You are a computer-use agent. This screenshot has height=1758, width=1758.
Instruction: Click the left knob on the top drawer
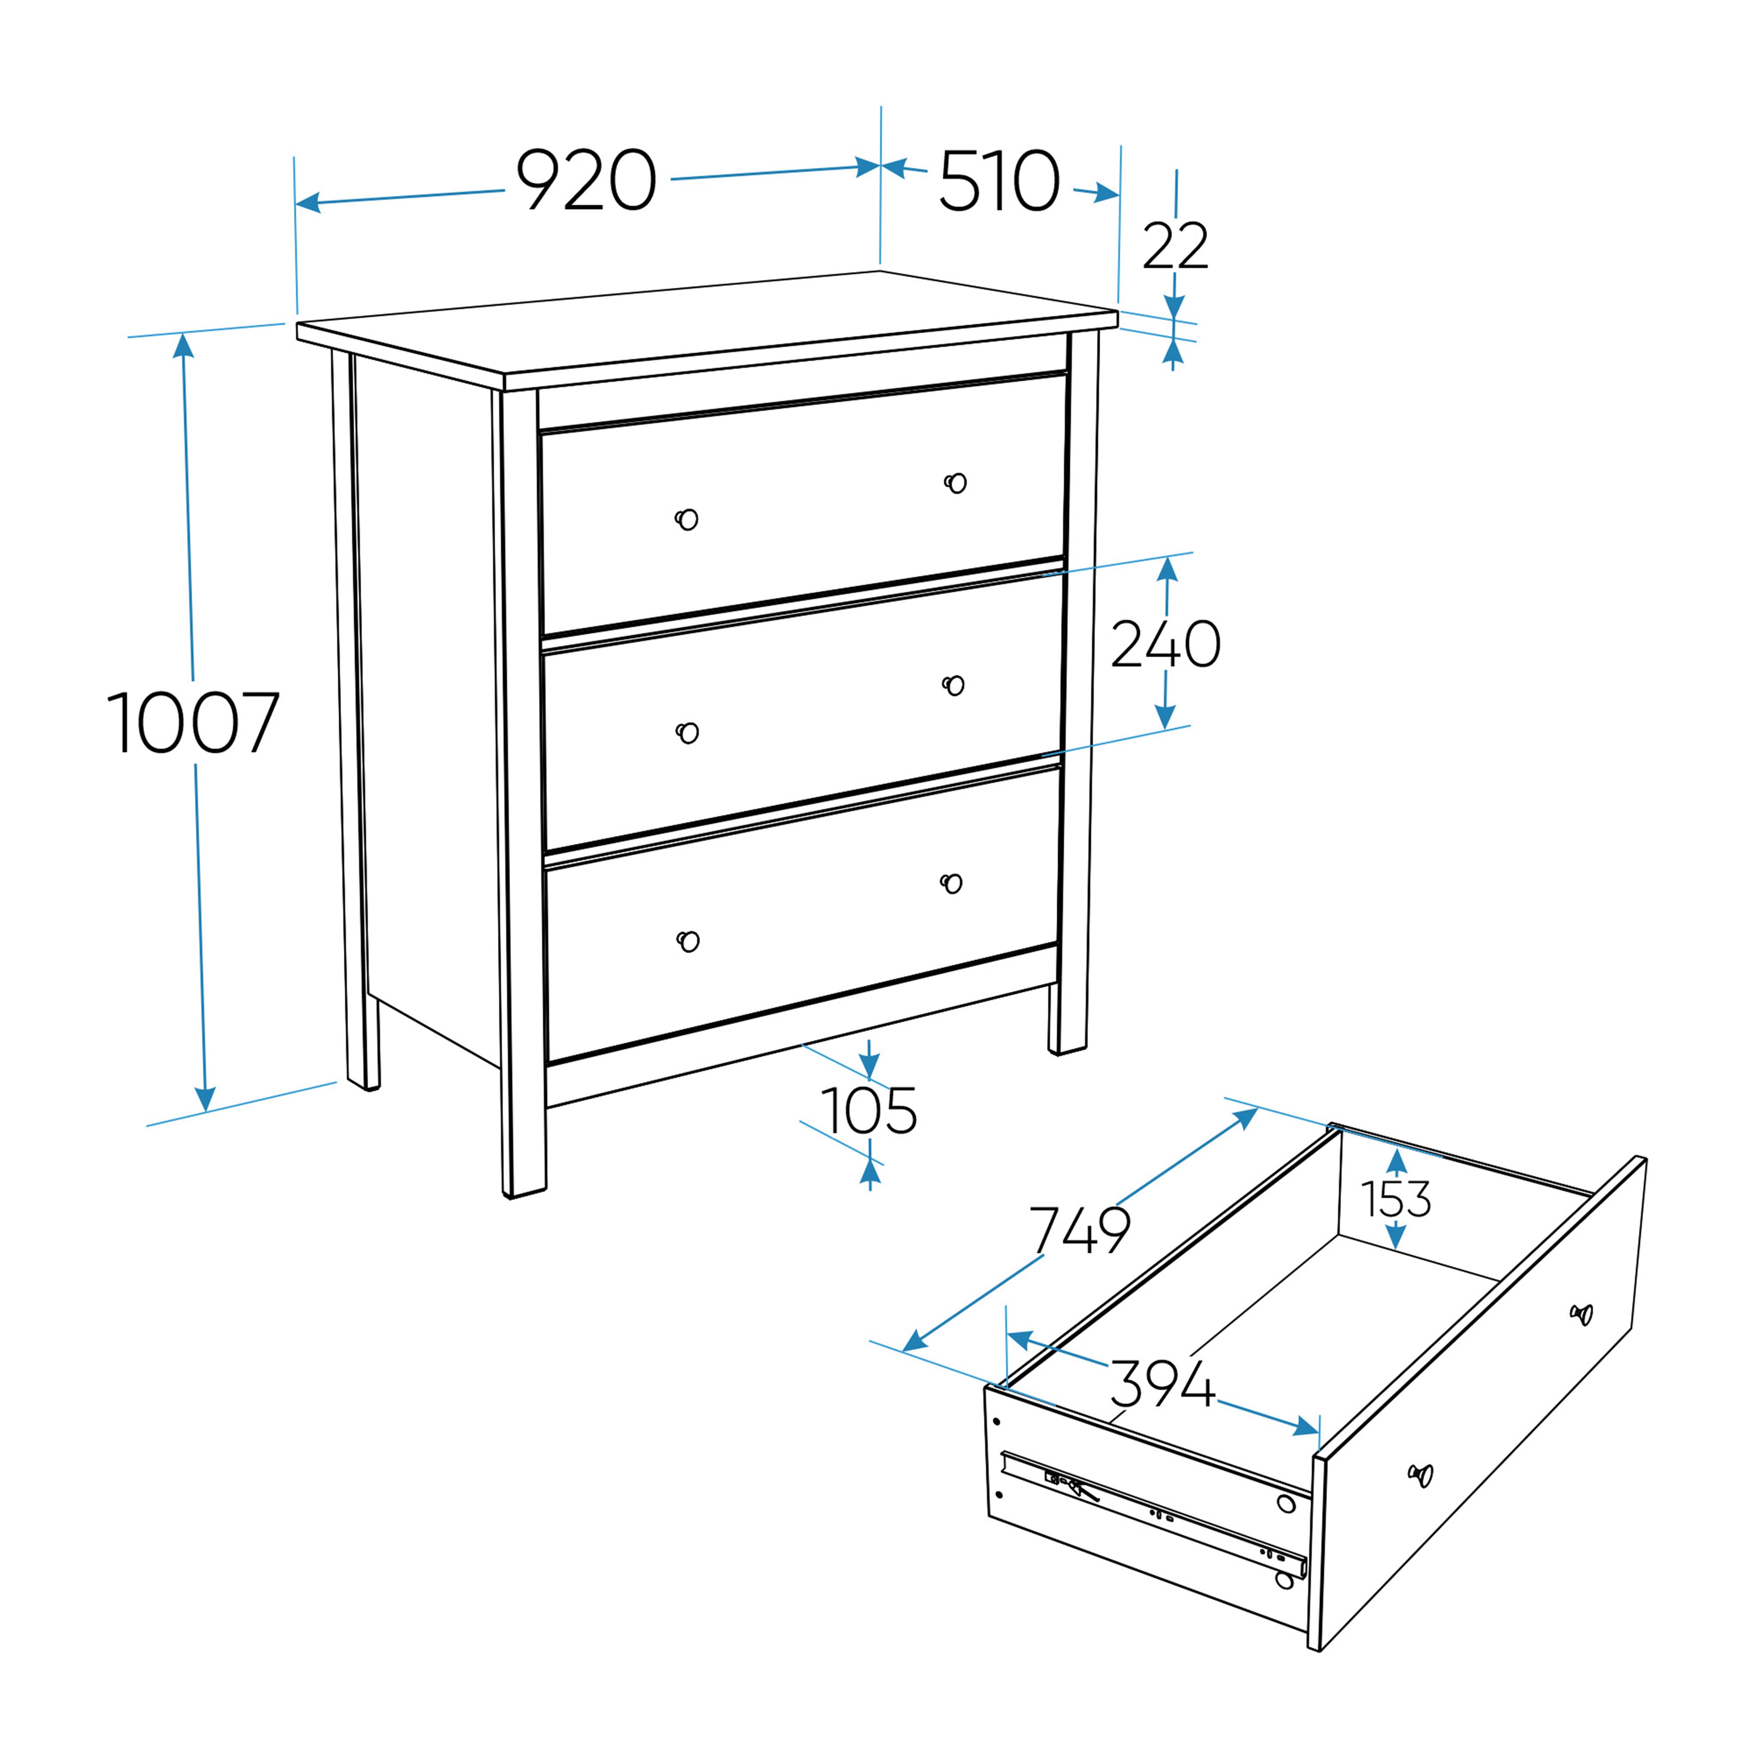point(687,519)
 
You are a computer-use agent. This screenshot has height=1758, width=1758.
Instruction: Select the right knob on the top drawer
point(955,482)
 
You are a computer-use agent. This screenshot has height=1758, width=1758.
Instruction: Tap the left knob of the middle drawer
point(688,732)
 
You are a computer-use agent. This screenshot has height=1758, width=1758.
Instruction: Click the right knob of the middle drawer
point(954,685)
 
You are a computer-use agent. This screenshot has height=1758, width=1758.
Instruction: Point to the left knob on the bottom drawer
point(689,941)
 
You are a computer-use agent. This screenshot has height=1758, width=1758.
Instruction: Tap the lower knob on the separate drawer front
point(1421,1475)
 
